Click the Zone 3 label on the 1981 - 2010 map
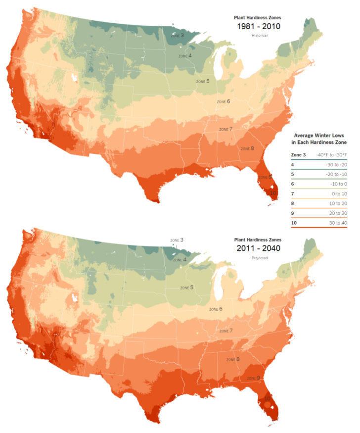point(177,36)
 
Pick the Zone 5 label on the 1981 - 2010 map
point(203,81)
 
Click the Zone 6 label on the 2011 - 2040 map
point(216,309)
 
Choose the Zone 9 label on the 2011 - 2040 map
point(252,378)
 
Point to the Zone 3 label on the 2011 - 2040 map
point(177,240)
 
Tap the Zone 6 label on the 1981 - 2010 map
point(224,101)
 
